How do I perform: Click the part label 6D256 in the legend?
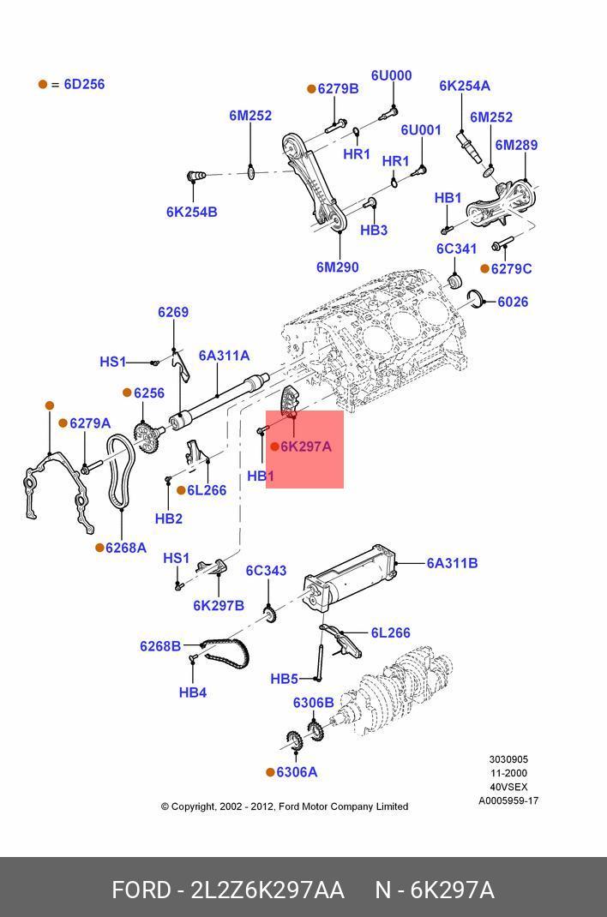pyautogui.click(x=84, y=84)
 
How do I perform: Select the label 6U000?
pyautogui.click(x=391, y=75)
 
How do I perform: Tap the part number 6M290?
pyautogui.click(x=338, y=267)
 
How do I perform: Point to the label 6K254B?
pyautogui.click(x=192, y=212)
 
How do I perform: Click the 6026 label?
pyautogui.click(x=513, y=302)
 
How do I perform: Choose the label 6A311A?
pyautogui.click(x=224, y=356)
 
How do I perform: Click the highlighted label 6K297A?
pyautogui.click(x=306, y=447)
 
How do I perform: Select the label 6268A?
pyautogui.click(x=126, y=548)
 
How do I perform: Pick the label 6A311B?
pyautogui.click(x=452, y=563)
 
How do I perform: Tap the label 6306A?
pyautogui.click(x=297, y=772)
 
